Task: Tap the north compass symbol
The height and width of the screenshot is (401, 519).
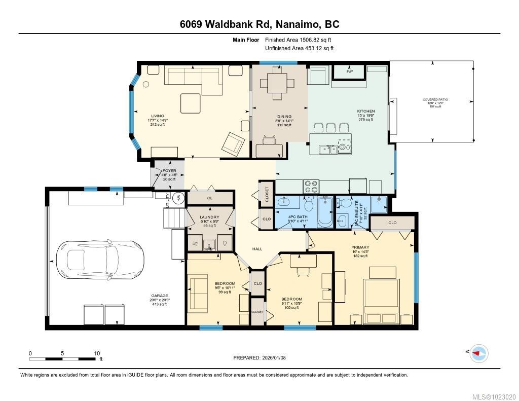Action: pyautogui.click(x=478, y=353)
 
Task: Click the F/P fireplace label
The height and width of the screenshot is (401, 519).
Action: pyautogui.click(x=349, y=71)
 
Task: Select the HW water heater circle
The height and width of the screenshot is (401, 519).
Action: pyautogui.click(x=178, y=198)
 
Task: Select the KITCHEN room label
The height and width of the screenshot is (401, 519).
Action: pyautogui.click(x=365, y=111)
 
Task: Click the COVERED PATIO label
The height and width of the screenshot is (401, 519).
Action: pyautogui.click(x=435, y=100)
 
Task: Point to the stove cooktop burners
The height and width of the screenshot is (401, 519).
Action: pyautogui.click(x=311, y=187)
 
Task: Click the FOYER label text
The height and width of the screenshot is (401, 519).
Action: pyautogui.click(x=169, y=171)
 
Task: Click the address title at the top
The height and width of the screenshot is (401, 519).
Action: pyautogui.click(x=259, y=24)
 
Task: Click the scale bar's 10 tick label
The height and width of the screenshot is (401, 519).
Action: pyautogui.click(x=96, y=353)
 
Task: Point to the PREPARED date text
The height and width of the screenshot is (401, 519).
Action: pyautogui.click(x=259, y=357)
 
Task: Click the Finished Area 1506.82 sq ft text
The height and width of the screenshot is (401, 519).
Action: pyautogui.click(x=299, y=40)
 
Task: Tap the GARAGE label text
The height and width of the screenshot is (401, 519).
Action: pyautogui.click(x=160, y=296)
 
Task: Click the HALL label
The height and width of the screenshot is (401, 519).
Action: pyautogui.click(x=257, y=249)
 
